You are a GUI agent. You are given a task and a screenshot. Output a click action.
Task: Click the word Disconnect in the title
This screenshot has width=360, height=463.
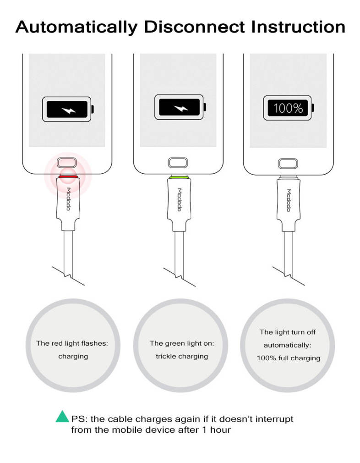pyautogui.click(x=195, y=27)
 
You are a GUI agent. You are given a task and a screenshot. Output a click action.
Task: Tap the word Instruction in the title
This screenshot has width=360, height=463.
pyautogui.click(x=298, y=27)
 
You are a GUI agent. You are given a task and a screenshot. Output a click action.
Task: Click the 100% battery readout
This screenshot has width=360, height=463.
pyautogui.click(x=288, y=108)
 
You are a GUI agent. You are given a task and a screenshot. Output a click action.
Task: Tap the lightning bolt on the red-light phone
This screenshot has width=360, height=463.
pyautogui.click(x=68, y=110)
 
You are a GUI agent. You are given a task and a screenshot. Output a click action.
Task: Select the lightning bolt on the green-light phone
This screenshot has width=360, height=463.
pyautogui.click(x=180, y=108)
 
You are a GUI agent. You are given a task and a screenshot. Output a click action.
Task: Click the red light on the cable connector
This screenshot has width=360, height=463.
pyautogui.click(x=68, y=176)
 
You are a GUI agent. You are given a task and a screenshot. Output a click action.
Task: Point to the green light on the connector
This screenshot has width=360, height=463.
pyautogui.click(x=179, y=177)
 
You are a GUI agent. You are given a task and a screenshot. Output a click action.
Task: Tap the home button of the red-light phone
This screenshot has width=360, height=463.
pyautogui.click(x=67, y=163)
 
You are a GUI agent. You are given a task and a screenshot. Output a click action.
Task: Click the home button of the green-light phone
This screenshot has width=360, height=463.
pyautogui.click(x=178, y=163)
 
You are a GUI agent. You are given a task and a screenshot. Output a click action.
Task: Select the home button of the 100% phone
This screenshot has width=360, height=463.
pyautogui.click(x=288, y=164)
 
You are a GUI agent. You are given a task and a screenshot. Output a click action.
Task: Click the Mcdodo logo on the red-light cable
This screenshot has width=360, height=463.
pyautogui.click(x=68, y=199)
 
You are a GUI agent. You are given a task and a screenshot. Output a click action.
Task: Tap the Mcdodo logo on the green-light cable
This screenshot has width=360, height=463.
pyautogui.click(x=179, y=199)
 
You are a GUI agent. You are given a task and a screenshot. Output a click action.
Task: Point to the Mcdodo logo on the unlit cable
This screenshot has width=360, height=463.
pyautogui.click(x=289, y=200)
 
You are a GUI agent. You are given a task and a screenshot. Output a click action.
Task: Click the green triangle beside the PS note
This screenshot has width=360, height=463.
pyautogui.click(x=62, y=416)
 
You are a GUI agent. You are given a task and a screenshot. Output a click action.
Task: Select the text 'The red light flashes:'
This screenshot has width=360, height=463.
pyautogui.click(x=72, y=343)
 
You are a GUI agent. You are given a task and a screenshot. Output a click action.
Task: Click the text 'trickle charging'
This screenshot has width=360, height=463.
pyautogui.click(x=182, y=356)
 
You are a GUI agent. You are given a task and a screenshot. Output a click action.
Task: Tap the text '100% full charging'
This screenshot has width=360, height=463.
pyautogui.click(x=288, y=358)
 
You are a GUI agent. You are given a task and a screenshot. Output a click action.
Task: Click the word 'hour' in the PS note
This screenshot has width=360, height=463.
pyautogui.click(x=220, y=430)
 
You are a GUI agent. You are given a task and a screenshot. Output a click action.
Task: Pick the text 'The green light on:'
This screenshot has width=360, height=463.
pyautogui.click(x=182, y=343)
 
